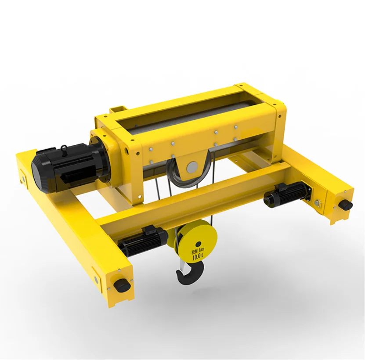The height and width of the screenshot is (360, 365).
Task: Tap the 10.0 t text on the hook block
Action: [x=198, y=257]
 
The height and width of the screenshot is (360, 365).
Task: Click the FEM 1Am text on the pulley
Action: [x=197, y=251]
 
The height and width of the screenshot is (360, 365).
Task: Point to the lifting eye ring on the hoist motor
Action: [x=64, y=148]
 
